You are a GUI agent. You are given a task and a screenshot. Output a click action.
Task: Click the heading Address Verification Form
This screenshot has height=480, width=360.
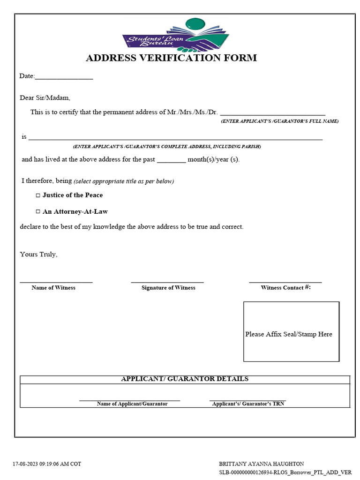[171, 58]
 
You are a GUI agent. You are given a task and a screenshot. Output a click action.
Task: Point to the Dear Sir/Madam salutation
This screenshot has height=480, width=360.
[45, 98]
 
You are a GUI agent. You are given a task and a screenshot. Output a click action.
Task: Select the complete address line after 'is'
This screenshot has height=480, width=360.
[175, 138]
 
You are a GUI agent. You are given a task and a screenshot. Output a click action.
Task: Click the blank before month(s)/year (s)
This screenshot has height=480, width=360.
[171, 160]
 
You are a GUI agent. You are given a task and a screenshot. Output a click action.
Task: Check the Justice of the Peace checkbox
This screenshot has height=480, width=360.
[38, 195]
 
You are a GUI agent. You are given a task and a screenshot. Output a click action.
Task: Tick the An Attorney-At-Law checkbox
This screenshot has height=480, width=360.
[38, 212]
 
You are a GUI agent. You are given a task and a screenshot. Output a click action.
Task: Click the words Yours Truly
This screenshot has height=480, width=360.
[38, 255]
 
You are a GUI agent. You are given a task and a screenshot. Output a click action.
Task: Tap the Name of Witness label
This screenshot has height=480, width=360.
[53, 288]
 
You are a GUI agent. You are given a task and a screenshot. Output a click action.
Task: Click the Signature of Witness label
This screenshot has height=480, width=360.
[168, 288]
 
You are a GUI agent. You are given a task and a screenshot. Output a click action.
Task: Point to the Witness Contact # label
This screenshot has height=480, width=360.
[285, 288]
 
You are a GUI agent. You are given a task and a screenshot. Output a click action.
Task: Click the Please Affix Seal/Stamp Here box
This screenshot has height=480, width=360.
[291, 331]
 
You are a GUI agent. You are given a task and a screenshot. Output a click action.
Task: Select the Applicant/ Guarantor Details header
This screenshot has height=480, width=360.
[185, 379]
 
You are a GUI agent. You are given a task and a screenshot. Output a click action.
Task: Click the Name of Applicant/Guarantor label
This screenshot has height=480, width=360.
[132, 404]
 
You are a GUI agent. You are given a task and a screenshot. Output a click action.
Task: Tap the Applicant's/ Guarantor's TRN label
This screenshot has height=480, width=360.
[248, 404]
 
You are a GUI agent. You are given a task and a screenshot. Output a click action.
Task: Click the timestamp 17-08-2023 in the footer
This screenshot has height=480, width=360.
[47, 464]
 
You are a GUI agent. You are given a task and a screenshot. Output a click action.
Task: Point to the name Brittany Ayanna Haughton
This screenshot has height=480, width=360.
[262, 464]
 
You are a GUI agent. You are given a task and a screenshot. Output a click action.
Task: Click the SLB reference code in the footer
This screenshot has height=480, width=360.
[285, 472]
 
